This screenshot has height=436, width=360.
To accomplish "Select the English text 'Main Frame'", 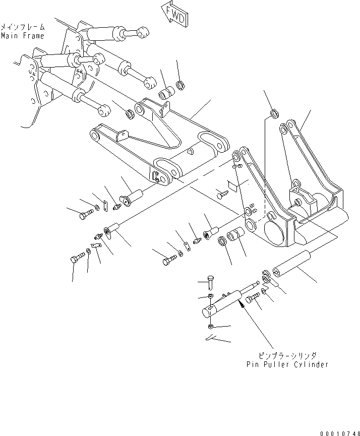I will click(22, 36).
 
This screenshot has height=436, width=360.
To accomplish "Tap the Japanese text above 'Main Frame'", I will click(22, 27).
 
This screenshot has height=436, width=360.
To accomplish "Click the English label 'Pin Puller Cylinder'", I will click(287, 364).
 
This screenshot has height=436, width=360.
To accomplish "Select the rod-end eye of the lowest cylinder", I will click(103, 108).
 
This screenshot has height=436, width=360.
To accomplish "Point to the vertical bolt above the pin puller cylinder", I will click(211, 282).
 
